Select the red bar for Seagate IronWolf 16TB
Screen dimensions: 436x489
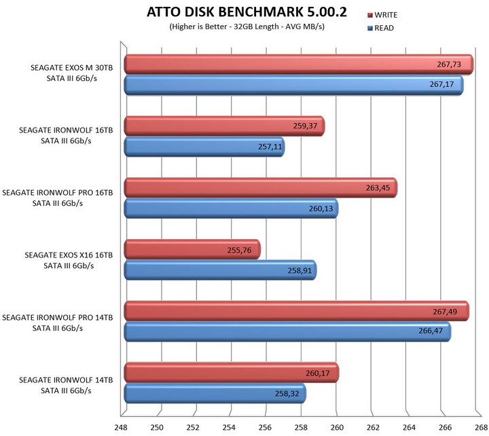click(224, 126)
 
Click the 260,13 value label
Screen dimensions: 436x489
click(316, 208)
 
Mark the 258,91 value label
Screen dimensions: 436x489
click(294, 270)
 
